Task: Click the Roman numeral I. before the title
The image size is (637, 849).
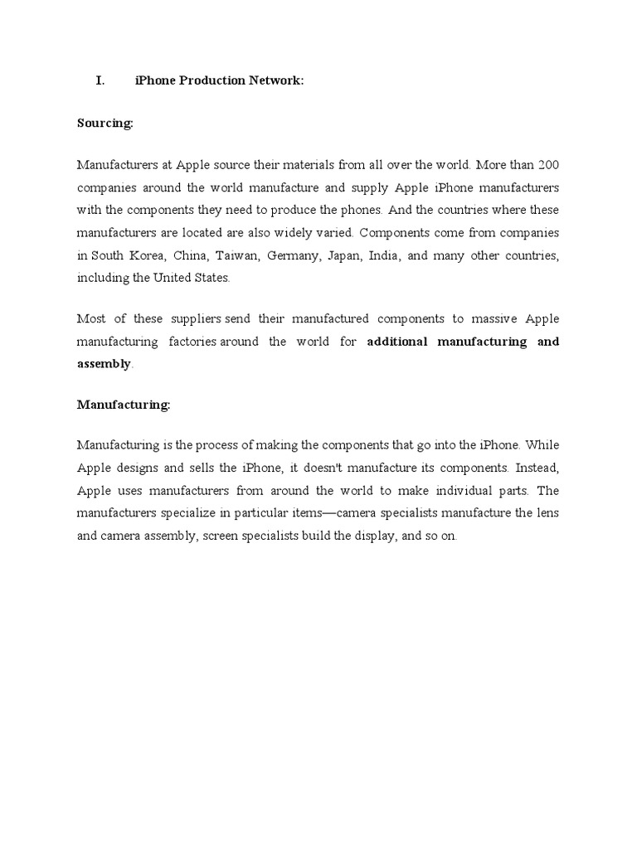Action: click(100, 80)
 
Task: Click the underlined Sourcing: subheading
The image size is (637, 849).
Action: click(105, 123)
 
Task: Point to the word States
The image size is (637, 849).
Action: click(209, 279)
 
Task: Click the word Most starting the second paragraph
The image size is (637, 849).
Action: click(91, 318)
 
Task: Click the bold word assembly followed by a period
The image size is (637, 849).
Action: click(104, 364)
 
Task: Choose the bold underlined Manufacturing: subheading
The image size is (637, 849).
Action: click(124, 405)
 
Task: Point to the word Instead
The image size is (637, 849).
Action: click(537, 468)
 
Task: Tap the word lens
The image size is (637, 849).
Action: click(546, 513)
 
